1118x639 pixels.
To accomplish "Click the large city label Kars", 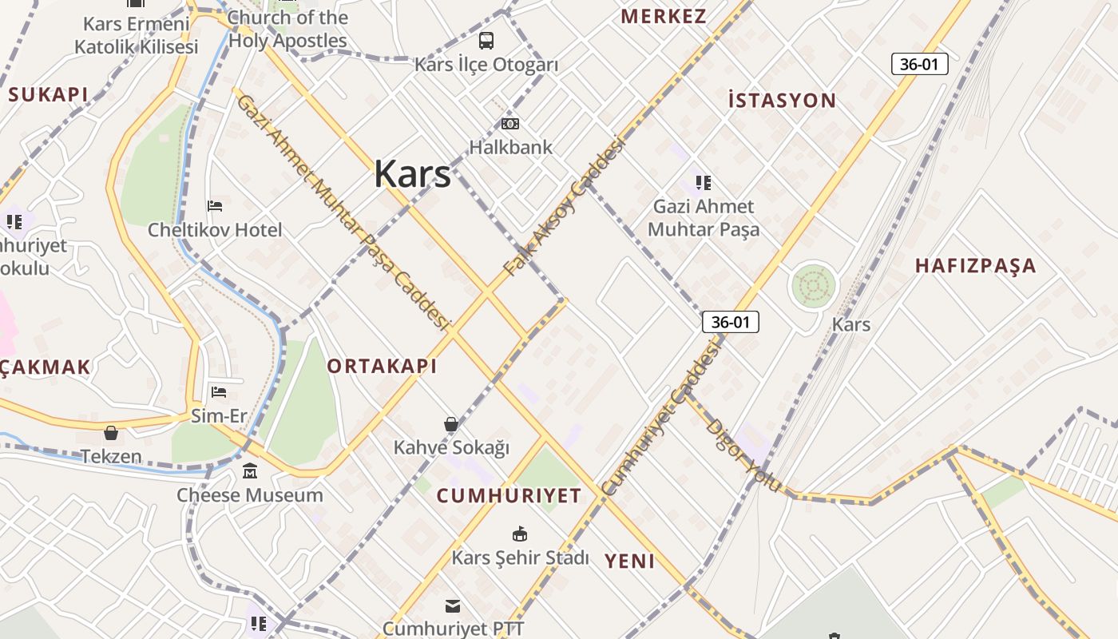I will [412, 173].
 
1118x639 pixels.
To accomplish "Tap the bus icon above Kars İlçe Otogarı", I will [486, 40].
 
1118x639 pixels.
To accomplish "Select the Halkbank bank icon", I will [510, 124].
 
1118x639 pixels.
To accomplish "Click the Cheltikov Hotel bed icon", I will [215, 206].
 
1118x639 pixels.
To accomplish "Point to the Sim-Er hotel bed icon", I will [219, 391].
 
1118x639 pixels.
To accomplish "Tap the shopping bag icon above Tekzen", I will [111, 433].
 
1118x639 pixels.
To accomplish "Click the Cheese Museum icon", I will [250, 470].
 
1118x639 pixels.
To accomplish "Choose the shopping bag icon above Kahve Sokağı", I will [451, 423].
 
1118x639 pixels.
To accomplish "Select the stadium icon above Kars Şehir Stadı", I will [520, 533].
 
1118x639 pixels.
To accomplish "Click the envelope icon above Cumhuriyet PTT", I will [453, 605].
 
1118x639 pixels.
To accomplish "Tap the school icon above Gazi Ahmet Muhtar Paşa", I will [703, 183].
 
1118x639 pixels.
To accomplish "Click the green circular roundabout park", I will [813, 285].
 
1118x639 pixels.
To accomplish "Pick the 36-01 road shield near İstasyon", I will [919, 64].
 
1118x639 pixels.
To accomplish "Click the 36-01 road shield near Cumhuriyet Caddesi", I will [730, 322].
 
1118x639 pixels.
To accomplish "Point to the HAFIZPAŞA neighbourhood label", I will [975, 266].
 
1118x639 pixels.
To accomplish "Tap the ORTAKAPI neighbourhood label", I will [382, 367].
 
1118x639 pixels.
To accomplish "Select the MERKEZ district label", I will [663, 16].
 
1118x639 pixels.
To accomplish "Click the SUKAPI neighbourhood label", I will [48, 94].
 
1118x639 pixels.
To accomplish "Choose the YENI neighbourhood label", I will [629, 561].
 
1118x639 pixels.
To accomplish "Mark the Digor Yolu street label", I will [743, 455].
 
